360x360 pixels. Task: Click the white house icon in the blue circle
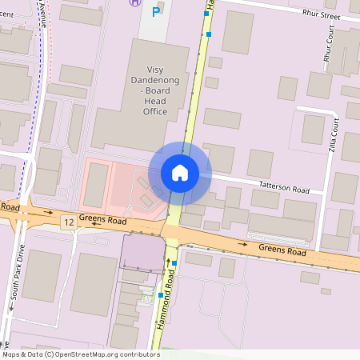pyautogui.click(x=179, y=172)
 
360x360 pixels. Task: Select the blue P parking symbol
pyautogui.click(x=158, y=8)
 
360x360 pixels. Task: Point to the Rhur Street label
pyautogui.click(x=321, y=15)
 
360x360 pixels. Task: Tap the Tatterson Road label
pyautogui.click(x=283, y=188)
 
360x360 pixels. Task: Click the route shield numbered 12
pyautogui.click(x=68, y=222)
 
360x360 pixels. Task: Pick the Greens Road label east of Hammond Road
pyautogui.click(x=282, y=250)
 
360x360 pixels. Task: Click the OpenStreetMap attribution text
pyautogui.click(x=80, y=354)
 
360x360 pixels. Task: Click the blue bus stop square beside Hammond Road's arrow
pyautogui.click(x=174, y=263)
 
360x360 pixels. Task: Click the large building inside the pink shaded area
pyautogui.click(x=96, y=185)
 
